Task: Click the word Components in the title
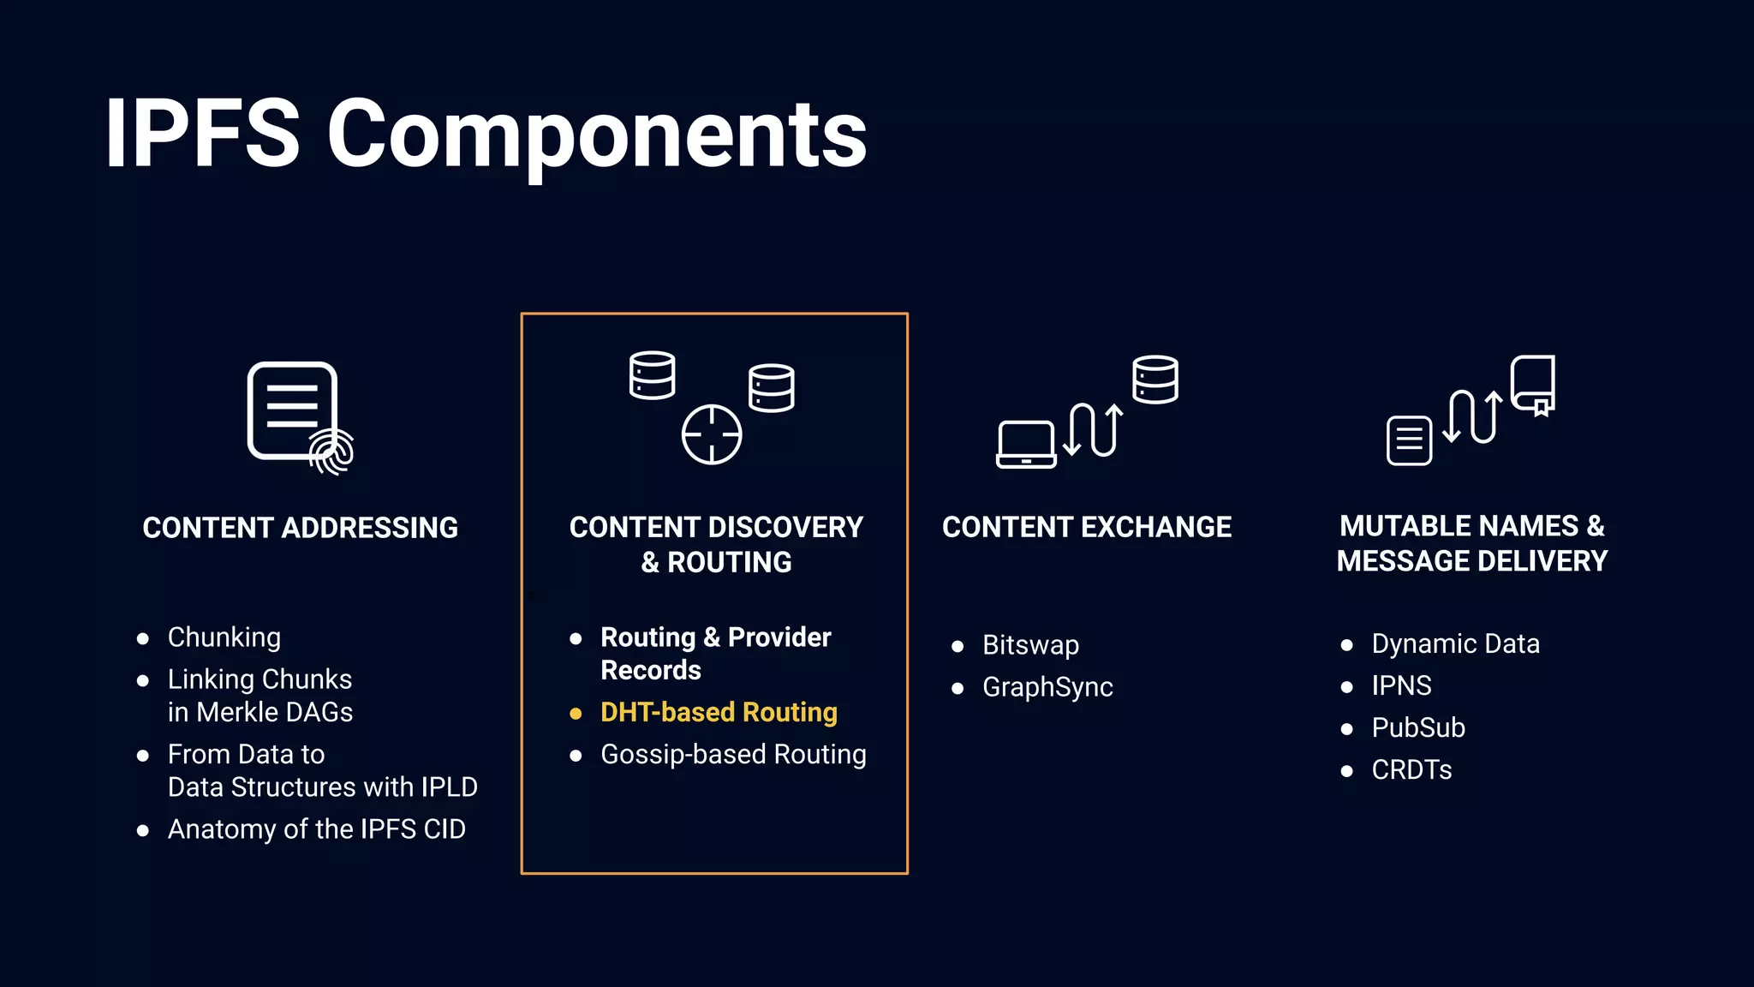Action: click(597, 135)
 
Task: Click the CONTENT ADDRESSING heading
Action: click(300, 528)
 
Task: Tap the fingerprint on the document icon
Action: click(332, 451)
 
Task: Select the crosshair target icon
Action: click(711, 434)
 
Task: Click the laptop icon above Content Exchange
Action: click(1026, 444)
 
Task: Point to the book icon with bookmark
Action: click(1533, 385)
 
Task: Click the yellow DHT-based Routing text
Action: click(719, 712)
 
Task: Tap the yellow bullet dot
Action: click(576, 714)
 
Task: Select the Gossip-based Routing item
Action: click(733, 754)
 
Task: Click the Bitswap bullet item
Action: click(1030, 644)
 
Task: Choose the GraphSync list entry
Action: click(1047, 687)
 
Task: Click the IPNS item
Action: click(1401, 685)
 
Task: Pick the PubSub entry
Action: click(1418, 727)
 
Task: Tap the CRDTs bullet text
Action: click(1411, 769)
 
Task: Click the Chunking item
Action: click(224, 637)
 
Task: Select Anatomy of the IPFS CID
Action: click(316, 829)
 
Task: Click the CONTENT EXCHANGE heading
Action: click(1087, 527)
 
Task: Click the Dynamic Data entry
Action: click(1455, 643)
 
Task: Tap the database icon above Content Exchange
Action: click(1154, 380)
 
